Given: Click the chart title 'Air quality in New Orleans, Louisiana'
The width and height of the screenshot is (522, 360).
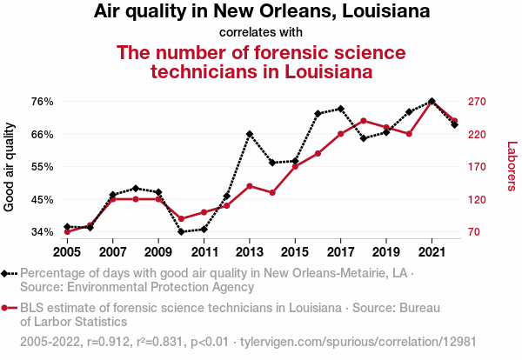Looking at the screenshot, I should [261, 13].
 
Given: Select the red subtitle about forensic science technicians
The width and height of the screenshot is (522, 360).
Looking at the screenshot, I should [261, 62].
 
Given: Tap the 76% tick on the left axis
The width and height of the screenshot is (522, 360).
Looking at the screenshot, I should [43, 102].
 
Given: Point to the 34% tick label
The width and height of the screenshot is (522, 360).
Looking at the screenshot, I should [43, 232].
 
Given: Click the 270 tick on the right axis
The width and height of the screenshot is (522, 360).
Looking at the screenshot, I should [483, 102].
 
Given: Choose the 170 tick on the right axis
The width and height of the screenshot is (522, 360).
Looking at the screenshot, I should [483, 167].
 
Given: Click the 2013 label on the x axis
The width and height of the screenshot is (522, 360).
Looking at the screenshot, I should [250, 252].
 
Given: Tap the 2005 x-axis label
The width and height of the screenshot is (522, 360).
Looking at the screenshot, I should [67, 252].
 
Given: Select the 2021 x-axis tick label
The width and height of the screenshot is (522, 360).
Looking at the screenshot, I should [432, 252].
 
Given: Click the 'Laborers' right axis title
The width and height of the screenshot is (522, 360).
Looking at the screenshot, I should [512, 167].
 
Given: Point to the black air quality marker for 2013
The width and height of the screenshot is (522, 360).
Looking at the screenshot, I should [250, 134].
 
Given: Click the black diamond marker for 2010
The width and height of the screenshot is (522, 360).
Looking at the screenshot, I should [181, 232].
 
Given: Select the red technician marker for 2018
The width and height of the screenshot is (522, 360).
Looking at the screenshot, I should [363, 121].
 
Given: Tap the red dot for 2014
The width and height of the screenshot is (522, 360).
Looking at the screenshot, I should [272, 192].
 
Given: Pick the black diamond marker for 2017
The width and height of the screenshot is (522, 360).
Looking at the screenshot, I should [340, 109].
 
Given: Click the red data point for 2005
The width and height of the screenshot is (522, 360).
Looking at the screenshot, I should [67, 232].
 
